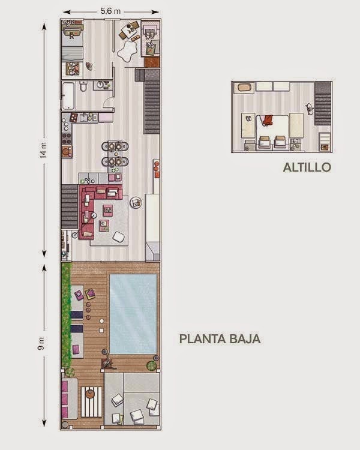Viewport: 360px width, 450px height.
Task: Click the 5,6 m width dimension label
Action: coord(110,11)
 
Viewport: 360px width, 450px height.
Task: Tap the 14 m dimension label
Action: coord(43,151)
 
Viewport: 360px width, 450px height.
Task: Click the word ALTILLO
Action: coord(307,167)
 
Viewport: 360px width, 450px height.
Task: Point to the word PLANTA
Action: coord(202,339)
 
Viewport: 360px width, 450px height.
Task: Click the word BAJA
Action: coord(244,339)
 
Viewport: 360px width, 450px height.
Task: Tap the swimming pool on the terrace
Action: coord(133,314)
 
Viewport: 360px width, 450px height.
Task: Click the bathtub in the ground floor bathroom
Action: coord(68,95)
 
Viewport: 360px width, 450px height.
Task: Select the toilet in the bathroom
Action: coord(83,86)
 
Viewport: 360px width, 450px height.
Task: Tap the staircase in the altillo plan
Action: coord(323,103)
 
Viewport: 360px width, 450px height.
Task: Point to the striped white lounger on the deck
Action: coord(91,402)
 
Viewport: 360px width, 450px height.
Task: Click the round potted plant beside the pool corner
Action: coord(152,365)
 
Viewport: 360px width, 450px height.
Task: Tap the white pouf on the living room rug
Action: coord(119,237)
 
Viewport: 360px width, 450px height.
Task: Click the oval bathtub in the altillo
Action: coord(244,87)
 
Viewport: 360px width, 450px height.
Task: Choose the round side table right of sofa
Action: coord(136,203)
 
